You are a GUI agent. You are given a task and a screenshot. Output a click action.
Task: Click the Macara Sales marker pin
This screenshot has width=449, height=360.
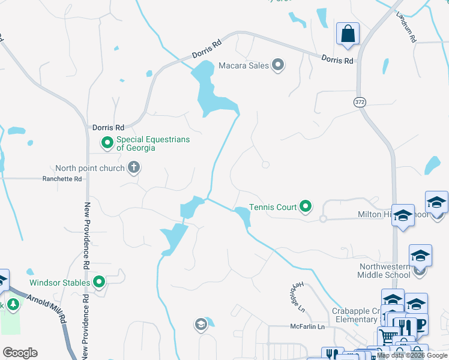pyautogui.click(x=278, y=65)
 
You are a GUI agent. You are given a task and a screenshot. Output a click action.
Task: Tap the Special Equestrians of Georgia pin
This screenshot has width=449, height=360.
pyautogui.click(x=107, y=143)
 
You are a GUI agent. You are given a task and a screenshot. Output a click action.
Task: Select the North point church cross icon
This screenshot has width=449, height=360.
pyautogui.click(x=133, y=168)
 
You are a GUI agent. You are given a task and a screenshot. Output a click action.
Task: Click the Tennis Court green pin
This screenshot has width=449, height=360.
pyautogui.click(x=306, y=207)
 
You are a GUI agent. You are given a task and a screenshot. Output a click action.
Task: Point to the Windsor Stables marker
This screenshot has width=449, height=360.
pyautogui.click(x=99, y=282)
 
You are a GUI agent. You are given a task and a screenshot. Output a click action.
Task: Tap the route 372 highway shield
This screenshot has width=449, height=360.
pyautogui.click(x=360, y=103)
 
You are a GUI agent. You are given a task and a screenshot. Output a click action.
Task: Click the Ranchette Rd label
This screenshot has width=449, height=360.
pyautogui.click(x=61, y=179)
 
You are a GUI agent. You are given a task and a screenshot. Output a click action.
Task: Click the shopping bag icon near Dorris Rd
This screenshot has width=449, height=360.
pyautogui.click(x=348, y=34)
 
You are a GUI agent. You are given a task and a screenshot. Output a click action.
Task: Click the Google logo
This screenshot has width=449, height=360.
pyautogui.click(x=20, y=353)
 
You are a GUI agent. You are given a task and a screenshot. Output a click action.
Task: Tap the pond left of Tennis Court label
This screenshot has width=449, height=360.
pyautogui.click(x=243, y=216)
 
